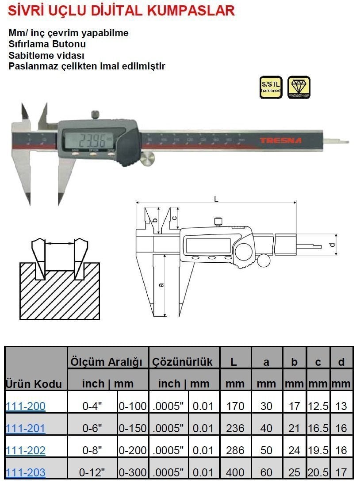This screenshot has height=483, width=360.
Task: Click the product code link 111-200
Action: click(26, 406)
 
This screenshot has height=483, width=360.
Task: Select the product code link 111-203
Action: click(26, 472)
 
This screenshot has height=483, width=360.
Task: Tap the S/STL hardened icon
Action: click(271, 87)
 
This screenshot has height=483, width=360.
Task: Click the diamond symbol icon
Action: click(299, 87)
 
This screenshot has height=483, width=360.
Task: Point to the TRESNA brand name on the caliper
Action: click(280, 141)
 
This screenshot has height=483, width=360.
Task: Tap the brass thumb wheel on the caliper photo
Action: click(148, 159)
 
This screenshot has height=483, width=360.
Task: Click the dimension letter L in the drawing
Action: click(216, 199)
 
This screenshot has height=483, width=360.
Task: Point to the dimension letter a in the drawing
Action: click(161, 284)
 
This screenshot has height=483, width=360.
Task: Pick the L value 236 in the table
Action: click(235, 428)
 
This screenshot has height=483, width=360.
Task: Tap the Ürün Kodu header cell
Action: click(34, 383)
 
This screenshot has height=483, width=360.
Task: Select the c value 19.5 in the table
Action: click(318, 450)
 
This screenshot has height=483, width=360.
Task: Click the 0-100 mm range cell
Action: click(133, 406)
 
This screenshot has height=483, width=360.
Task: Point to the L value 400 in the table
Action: click(235, 472)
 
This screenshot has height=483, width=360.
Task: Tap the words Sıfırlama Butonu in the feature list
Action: click(47, 44)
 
